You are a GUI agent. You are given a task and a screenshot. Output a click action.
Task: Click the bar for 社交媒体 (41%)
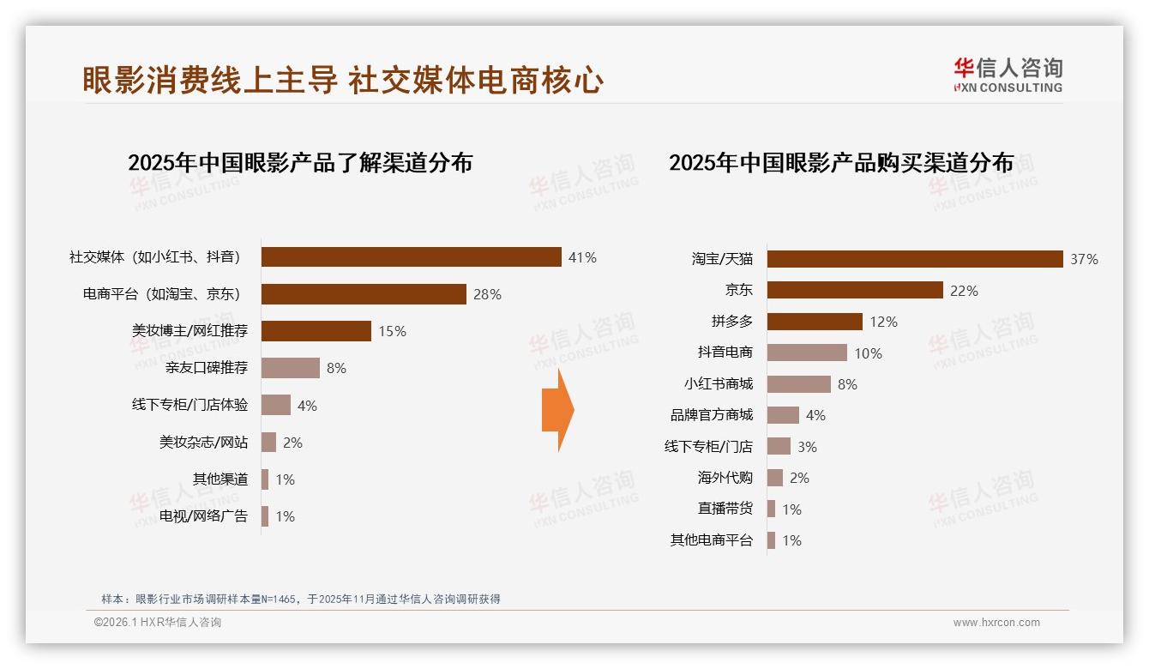(412, 257)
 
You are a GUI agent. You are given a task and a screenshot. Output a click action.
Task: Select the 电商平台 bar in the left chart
(364, 294)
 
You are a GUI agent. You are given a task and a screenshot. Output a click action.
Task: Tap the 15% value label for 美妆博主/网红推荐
(392, 331)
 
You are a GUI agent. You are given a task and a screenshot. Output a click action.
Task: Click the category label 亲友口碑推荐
(207, 368)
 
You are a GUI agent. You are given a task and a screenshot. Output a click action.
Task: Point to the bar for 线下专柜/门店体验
(276, 405)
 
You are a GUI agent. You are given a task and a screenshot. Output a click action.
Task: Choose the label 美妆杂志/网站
(203, 443)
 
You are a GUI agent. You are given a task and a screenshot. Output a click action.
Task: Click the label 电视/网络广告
(203, 516)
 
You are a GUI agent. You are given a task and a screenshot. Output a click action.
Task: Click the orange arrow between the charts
(557, 410)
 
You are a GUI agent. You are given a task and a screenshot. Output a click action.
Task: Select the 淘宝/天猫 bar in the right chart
(915, 259)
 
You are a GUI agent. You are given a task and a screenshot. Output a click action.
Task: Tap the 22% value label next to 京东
(964, 291)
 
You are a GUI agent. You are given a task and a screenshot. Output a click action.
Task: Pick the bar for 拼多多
(815, 322)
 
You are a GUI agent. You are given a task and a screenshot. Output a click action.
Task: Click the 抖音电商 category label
(725, 353)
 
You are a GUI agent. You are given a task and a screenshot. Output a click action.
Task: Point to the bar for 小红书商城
(799, 384)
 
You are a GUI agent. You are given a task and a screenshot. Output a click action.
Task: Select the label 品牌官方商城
(711, 415)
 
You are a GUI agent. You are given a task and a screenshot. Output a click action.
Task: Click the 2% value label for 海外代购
(799, 478)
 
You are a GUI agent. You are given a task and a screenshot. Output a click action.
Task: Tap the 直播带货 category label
(725, 509)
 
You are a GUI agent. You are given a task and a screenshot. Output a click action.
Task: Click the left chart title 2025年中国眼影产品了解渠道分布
(300, 163)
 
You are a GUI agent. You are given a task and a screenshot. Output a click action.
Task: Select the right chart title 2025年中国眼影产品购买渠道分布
(841, 163)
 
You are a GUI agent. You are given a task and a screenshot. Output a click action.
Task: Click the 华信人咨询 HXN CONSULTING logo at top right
(1008, 75)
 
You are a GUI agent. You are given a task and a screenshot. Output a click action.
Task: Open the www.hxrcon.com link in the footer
(996, 623)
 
